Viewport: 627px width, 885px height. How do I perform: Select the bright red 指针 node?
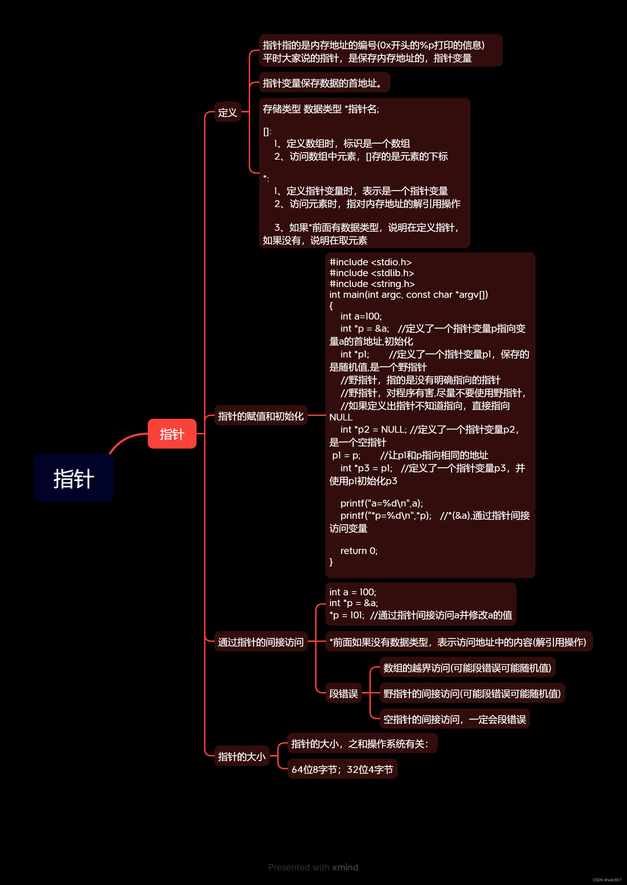tap(172, 434)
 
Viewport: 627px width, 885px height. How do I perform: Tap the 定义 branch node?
tap(227, 112)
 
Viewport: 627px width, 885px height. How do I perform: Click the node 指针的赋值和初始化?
tap(261, 416)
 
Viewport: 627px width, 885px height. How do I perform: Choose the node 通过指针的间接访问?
tap(261, 641)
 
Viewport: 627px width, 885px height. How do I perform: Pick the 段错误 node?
tap(343, 693)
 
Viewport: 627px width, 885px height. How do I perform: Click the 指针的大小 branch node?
tap(242, 756)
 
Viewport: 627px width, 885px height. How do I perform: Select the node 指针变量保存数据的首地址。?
tap(324, 83)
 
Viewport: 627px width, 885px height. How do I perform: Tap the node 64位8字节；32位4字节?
tap(342, 769)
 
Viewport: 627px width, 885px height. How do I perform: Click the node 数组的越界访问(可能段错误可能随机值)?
tap(467, 667)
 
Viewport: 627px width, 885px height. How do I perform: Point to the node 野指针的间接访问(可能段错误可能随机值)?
tap(472, 693)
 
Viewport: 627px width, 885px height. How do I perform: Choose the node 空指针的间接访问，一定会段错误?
tap(454, 719)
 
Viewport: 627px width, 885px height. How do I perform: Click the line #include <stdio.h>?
tap(370, 262)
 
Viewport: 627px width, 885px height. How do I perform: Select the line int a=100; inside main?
tap(361, 316)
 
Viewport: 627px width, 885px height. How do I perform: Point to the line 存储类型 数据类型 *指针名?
tap(321, 109)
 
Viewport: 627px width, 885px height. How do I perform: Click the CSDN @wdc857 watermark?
tap(607, 880)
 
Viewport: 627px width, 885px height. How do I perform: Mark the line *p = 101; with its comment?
tap(421, 615)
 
